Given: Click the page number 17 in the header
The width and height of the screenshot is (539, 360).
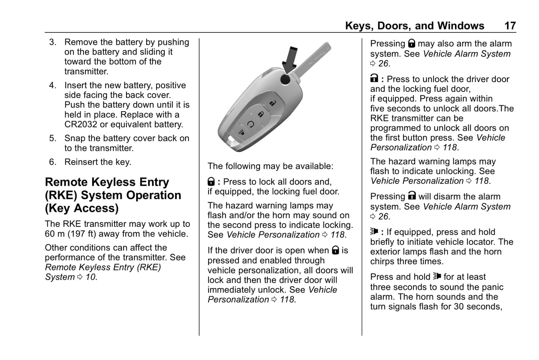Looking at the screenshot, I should click(510, 26).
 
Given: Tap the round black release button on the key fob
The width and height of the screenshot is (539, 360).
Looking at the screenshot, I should click(286, 79).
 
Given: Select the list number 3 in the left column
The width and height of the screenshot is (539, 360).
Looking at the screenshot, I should click(53, 42).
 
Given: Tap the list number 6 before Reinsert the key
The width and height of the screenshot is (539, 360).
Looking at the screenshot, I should click(53, 162).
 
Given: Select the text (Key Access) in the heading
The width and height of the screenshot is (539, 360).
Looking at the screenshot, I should click(82, 208).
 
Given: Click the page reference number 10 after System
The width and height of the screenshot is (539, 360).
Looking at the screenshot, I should click(91, 277).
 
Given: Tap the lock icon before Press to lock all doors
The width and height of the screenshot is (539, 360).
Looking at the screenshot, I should click(211, 182).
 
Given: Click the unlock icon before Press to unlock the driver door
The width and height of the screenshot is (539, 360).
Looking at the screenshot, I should click(374, 79).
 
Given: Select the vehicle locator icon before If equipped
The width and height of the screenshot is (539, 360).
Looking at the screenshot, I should click(374, 232).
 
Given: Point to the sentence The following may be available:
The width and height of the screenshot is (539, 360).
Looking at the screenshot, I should click(270, 166).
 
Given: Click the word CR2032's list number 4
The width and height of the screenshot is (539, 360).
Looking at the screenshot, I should click(53, 85).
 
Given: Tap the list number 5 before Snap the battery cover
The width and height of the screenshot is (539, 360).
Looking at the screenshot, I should click(53, 138).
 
